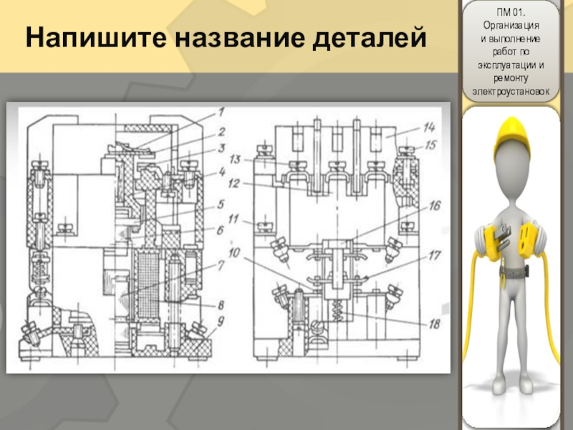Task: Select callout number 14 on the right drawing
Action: click(428, 127)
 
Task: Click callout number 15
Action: click(428, 146)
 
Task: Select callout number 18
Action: click(435, 324)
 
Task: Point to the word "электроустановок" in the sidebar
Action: click(511, 92)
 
